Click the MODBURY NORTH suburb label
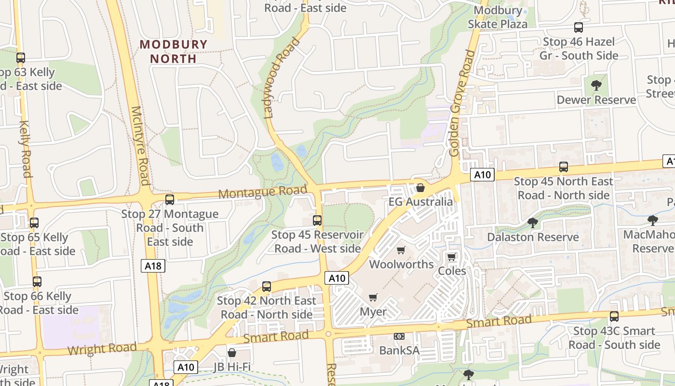click(x=174, y=52)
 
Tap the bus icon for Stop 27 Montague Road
click(x=169, y=199)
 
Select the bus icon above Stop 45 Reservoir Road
click(x=317, y=221)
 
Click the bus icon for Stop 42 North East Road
click(x=267, y=286)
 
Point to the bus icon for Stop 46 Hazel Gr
click(x=579, y=28)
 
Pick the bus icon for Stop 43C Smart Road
click(x=614, y=317)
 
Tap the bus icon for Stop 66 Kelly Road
click(x=37, y=282)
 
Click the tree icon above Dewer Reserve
click(x=596, y=85)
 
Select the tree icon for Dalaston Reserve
click(x=533, y=222)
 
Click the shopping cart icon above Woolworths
click(x=401, y=250)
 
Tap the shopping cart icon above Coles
click(x=451, y=257)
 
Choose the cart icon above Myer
click(x=373, y=297)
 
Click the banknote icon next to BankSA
click(x=399, y=336)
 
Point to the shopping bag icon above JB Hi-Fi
click(x=232, y=353)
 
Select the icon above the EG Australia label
click(x=420, y=187)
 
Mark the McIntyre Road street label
click(x=140, y=146)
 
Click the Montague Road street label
click(x=263, y=192)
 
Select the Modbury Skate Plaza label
click(x=498, y=17)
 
